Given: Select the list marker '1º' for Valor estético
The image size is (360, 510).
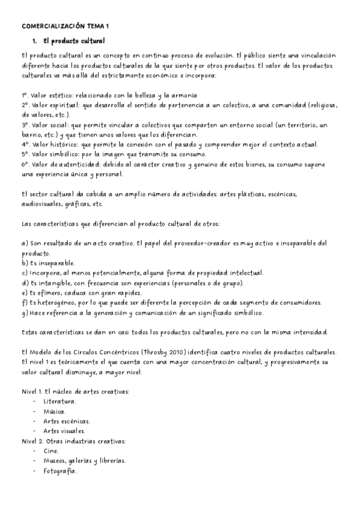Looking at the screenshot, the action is tap(24, 95).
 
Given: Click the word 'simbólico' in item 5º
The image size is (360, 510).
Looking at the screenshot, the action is tap(64, 154).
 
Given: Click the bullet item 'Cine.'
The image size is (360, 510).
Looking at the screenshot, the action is tap(51, 450).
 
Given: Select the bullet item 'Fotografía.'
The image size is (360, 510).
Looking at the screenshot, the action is tap(60, 470).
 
